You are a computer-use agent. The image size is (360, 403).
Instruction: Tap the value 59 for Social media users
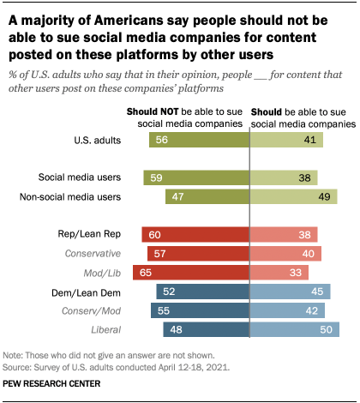pyautogui.click(x=158, y=179)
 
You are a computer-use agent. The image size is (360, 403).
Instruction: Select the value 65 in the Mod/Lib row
pyautogui.click(x=147, y=272)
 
